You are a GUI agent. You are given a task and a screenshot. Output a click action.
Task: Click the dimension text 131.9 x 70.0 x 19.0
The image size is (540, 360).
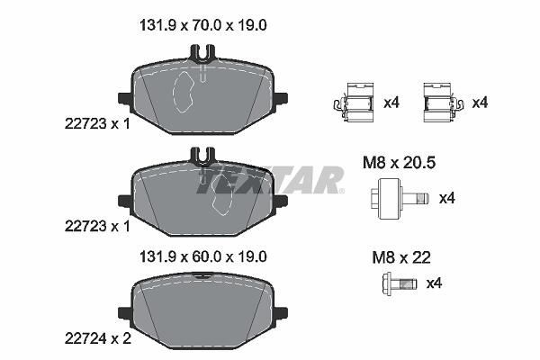pyautogui.click(x=202, y=25)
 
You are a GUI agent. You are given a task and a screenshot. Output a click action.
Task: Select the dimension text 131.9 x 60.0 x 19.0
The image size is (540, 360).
pyautogui.click(x=202, y=257)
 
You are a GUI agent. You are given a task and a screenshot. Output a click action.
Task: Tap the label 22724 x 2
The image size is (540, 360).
pyautogui.click(x=98, y=339)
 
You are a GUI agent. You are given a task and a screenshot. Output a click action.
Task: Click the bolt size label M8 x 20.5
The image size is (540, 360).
pyautogui.click(x=399, y=163)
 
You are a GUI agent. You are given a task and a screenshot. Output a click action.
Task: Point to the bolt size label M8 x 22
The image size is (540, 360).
pyautogui.click(x=401, y=257)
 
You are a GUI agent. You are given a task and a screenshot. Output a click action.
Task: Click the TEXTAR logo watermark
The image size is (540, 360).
pyautogui.click(x=270, y=180)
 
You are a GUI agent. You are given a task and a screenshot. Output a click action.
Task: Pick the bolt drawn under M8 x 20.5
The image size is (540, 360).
pyautogui.click(x=400, y=198)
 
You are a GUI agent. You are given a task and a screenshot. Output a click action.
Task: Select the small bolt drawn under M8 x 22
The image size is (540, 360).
pyautogui.click(x=400, y=283)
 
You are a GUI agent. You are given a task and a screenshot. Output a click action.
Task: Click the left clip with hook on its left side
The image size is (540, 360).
pyautogui.click(x=354, y=103)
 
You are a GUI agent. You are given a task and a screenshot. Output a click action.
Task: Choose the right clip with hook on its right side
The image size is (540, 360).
pyautogui.click(x=444, y=103)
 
